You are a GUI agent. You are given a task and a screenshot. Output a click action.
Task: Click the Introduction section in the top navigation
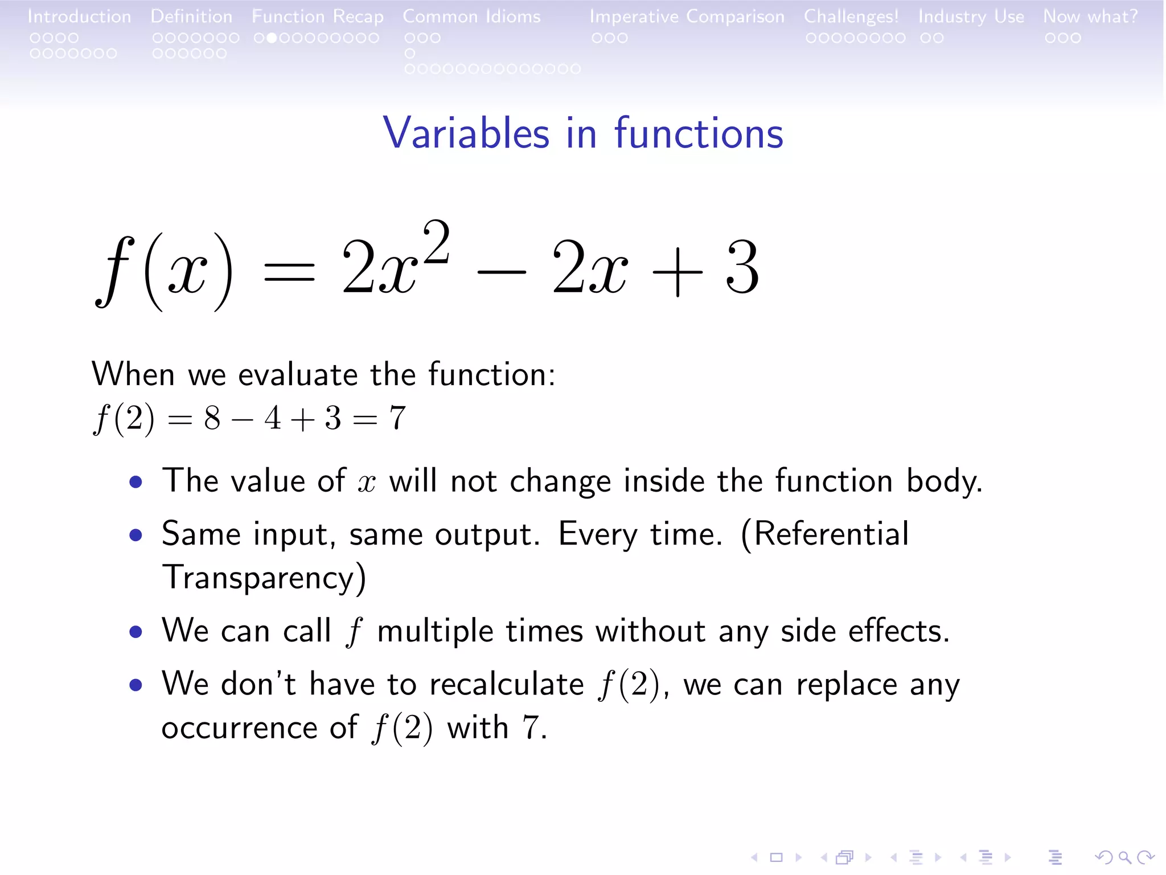[79, 17]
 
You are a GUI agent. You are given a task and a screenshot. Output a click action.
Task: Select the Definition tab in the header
[191, 17]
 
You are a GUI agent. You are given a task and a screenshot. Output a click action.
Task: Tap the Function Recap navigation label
[317, 17]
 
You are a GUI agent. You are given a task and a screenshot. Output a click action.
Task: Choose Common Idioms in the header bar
[471, 17]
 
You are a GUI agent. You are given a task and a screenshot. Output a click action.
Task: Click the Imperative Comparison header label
[687, 17]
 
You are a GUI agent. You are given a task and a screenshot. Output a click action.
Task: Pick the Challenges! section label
[851, 17]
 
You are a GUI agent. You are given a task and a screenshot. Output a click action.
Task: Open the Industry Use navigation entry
[971, 17]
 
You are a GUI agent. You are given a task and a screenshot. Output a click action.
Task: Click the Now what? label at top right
[1090, 17]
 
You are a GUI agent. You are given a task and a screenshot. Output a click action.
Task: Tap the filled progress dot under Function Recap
[272, 38]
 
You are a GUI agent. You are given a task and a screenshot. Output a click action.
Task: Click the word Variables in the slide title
[466, 133]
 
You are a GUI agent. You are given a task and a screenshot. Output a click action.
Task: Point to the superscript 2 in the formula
[437, 242]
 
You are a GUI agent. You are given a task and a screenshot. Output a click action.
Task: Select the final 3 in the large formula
[742, 268]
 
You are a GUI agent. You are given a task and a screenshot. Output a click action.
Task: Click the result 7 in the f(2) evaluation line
[397, 418]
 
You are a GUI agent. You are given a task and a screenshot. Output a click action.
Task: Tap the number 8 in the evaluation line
[212, 418]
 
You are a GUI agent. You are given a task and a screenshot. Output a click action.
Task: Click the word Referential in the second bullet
[825, 534]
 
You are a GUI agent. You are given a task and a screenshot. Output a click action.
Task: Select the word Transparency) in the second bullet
[264, 578]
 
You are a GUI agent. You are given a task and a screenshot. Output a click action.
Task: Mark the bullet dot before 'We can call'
[136, 632]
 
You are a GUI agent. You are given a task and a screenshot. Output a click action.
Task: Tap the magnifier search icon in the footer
[1124, 857]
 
